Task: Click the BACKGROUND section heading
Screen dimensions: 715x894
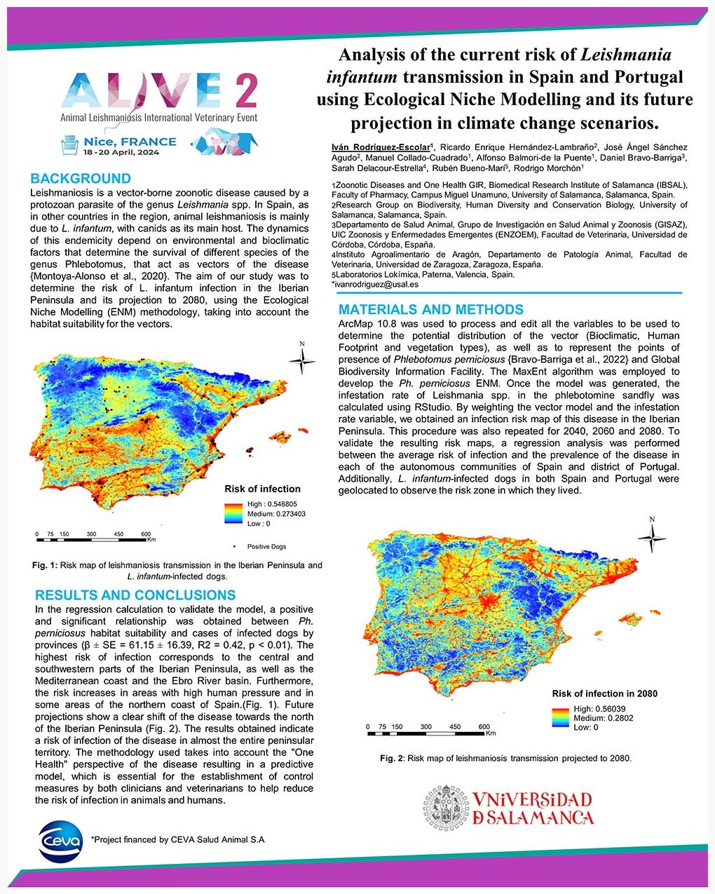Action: [x=81, y=178]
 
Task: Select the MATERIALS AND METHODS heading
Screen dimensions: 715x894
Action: [x=431, y=309]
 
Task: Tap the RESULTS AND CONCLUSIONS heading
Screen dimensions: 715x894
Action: [x=135, y=595]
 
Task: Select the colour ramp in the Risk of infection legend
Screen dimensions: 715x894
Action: [x=233, y=513]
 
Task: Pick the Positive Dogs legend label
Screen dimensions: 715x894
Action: [x=266, y=546]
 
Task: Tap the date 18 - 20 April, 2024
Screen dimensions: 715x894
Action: [x=121, y=152]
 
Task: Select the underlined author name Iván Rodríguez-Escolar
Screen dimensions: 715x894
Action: [x=381, y=147]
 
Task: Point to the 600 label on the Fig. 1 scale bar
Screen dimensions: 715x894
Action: [x=146, y=534]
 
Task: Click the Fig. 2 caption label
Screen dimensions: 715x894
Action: [x=392, y=758]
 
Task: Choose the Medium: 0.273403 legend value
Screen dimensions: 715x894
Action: [x=276, y=514]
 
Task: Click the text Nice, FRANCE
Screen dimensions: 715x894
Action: [x=130, y=142]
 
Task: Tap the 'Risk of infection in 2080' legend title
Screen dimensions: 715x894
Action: [x=604, y=693]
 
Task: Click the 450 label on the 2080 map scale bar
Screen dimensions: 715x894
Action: [x=455, y=726]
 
